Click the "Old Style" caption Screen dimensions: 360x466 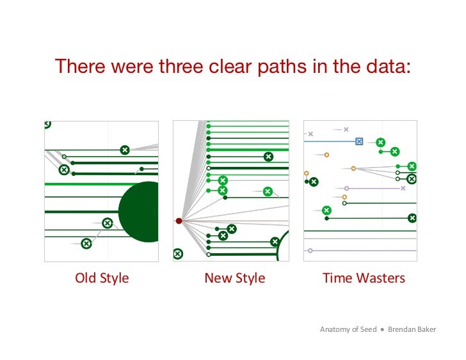coord(102,278)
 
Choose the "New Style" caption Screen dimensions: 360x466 coord(234,278)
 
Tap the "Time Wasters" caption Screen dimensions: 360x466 coord(364,278)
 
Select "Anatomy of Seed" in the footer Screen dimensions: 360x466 coord(348,329)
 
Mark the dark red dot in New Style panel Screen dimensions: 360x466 coord(179,221)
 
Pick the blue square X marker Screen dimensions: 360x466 coord(359,141)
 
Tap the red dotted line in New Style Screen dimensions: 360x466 coord(237,221)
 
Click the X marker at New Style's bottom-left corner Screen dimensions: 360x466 coord(178,254)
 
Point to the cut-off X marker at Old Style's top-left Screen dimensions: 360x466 coord(47,124)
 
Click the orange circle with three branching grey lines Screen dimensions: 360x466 coord(353,169)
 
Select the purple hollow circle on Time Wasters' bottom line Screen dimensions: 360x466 coord(310,251)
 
